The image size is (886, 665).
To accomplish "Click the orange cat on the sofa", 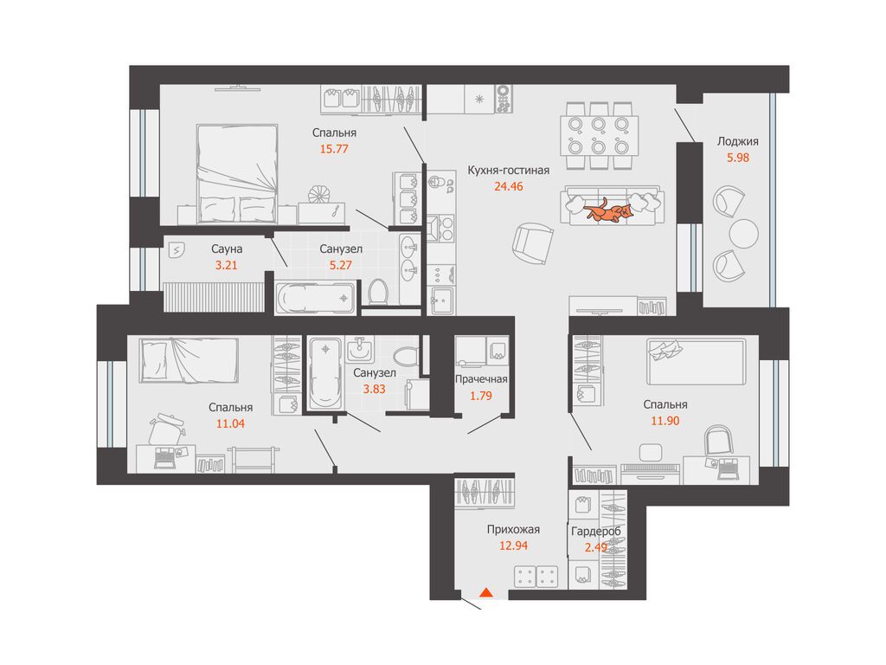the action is (x=608, y=210).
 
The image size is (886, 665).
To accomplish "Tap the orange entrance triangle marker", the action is (x=486, y=592).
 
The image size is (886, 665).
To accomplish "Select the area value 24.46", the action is (x=509, y=186).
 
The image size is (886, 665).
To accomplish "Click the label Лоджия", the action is (x=737, y=141).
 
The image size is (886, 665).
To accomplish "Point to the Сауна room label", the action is (x=227, y=249).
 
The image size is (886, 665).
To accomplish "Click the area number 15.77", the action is (x=334, y=149).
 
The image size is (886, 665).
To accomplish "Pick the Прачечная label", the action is (x=481, y=379).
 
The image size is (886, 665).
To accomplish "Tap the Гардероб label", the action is (x=596, y=531).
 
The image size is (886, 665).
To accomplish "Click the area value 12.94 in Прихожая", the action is (x=514, y=546).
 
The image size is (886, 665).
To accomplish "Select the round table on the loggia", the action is (x=743, y=234).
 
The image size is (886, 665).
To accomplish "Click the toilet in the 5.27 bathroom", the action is (x=377, y=292).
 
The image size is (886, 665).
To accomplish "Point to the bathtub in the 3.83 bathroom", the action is (x=325, y=372).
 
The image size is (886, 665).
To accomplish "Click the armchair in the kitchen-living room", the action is (x=532, y=243).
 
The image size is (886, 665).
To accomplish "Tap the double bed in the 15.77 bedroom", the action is (x=237, y=173).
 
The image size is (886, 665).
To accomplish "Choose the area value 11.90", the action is (x=665, y=421).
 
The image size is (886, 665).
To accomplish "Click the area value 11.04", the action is (x=230, y=423).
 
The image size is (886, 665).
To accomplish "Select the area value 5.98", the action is (x=738, y=158).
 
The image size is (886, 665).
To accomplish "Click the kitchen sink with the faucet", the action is (x=442, y=300).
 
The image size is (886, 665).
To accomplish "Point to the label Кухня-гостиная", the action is (x=509, y=170).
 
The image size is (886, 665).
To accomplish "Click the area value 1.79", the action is (x=481, y=396).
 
